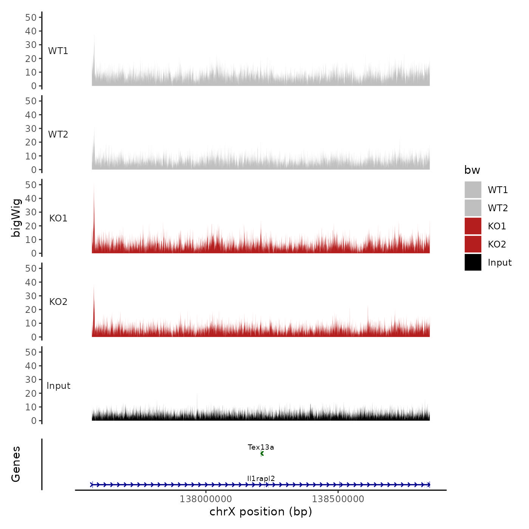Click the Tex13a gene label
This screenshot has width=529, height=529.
[x=261, y=447]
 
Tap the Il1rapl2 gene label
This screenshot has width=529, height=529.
[x=261, y=478]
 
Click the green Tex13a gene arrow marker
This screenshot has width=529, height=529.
[x=262, y=453]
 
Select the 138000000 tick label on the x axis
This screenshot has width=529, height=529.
[x=206, y=499]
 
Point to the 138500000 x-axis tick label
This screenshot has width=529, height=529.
[x=338, y=499]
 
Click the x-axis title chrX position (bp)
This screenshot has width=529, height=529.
[x=261, y=512]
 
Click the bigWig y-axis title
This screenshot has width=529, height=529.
[x=16, y=218]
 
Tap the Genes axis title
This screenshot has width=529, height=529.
[x=16, y=464]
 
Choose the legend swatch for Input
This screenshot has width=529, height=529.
[x=473, y=262]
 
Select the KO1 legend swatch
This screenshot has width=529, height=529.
[x=473, y=226]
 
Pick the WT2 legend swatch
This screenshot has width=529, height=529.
[x=473, y=208]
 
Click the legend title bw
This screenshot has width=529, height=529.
[x=472, y=170]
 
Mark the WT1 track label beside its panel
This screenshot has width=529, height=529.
[x=58, y=51]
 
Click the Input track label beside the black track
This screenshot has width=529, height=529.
[x=58, y=386]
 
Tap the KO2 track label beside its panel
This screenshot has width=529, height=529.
[x=58, y=302]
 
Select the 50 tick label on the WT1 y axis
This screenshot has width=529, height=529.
[x=31, y=17]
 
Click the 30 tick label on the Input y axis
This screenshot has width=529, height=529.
[x=31, y=379]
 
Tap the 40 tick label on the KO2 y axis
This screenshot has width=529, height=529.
[x=31, y=282]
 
